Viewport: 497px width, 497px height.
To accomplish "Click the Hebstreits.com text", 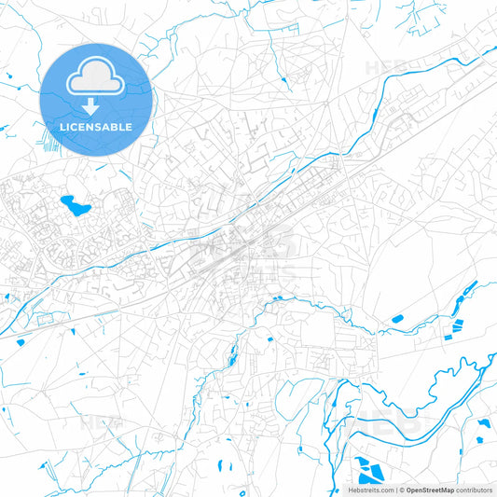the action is [x=370, y=490].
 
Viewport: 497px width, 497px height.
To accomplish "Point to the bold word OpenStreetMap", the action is [x=430, y=490].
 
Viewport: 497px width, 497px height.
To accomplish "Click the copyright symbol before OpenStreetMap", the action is [x=402, y=490].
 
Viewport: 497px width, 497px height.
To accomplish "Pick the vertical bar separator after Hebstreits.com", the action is [x=395, y=490].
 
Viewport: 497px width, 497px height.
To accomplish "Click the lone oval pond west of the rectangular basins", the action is [x=397, y=319].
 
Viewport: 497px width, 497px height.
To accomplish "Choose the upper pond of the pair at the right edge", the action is [x=483, y=422].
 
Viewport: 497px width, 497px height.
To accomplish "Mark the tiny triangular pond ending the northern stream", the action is [x=283, y=90].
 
